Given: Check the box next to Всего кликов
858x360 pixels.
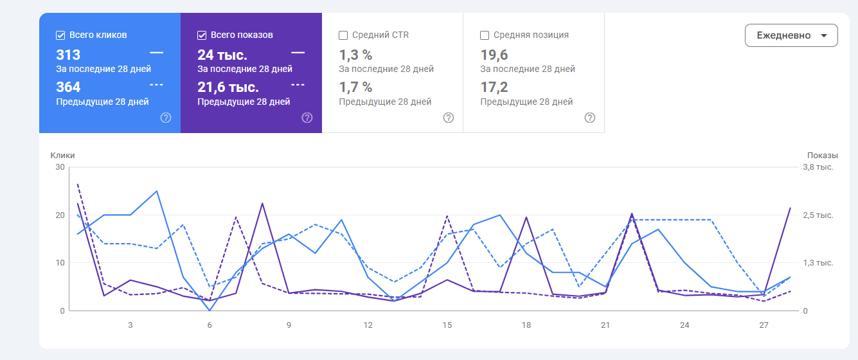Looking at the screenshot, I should tap(60, 35).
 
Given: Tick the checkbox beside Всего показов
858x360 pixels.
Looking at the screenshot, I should tap(202, 35).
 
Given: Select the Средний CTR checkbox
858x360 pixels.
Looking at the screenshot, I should tap(343, 35).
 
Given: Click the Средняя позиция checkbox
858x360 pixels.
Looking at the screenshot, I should tap(485, 35).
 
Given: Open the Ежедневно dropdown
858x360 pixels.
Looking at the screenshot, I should tap(791, 35).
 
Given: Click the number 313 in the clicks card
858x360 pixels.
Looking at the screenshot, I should tap(68, 55).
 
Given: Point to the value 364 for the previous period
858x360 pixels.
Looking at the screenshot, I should tap(68, 87).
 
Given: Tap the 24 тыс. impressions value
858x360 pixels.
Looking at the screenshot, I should tap(222, 55).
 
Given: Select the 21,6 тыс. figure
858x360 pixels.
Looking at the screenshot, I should tap(228, 87).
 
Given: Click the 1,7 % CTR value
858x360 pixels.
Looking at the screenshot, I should tap(355, 87).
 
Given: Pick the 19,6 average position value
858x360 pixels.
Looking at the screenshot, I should tap(494, 55).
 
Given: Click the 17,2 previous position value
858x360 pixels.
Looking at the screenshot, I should tap(494, 87).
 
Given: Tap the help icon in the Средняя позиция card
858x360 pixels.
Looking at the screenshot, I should tap(590, 118).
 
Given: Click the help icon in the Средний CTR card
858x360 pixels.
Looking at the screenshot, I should tap(449, 118).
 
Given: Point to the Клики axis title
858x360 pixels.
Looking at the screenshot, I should tap(63, 155).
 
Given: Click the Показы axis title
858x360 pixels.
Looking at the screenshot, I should tap(823, 155).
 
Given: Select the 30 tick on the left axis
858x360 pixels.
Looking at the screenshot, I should tap(60, 167).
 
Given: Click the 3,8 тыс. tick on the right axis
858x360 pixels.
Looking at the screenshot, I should tap(818, 167).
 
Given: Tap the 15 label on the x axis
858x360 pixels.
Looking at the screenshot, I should tap(447, 325).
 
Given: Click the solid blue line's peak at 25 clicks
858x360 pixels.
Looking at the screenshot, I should tap(157, 191).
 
